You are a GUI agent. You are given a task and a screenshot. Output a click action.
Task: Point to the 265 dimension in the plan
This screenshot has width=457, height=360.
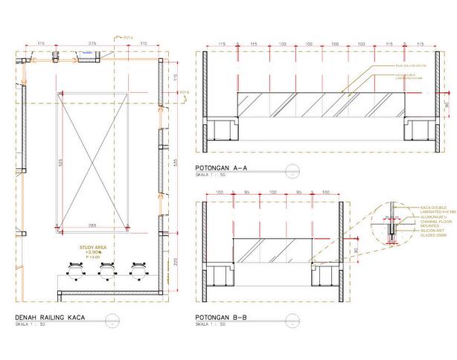[92, 225]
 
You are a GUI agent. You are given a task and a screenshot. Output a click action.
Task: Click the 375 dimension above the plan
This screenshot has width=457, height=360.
[93, 45]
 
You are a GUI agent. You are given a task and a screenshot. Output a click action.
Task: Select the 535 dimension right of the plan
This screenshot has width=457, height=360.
[177, 161]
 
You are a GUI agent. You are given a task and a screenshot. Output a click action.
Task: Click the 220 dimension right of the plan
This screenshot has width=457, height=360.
[177, 261]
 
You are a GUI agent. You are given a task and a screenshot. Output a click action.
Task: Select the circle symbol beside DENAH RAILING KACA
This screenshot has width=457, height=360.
[111, 320]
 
